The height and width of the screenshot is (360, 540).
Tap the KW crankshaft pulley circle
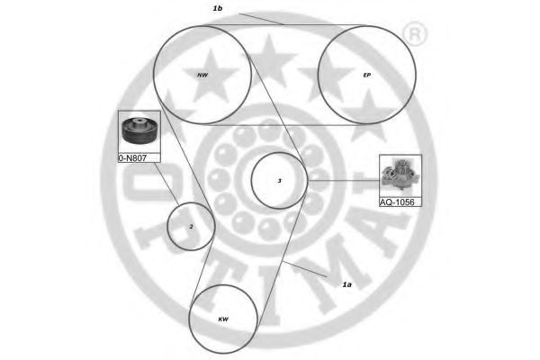[223, 319]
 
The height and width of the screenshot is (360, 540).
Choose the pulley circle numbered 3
[279, 182]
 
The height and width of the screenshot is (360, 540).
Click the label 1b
[217, 8]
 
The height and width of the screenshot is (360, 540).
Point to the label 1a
[347, 284]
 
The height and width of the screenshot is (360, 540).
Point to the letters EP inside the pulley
[366, 76]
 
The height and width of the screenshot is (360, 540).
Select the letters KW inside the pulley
[223, 319]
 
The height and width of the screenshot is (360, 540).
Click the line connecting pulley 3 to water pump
[343, 181]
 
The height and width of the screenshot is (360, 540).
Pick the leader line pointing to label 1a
[310, 267]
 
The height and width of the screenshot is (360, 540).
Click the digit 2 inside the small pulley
[191, 227]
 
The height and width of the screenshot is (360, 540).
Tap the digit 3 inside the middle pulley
[280, 181]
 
